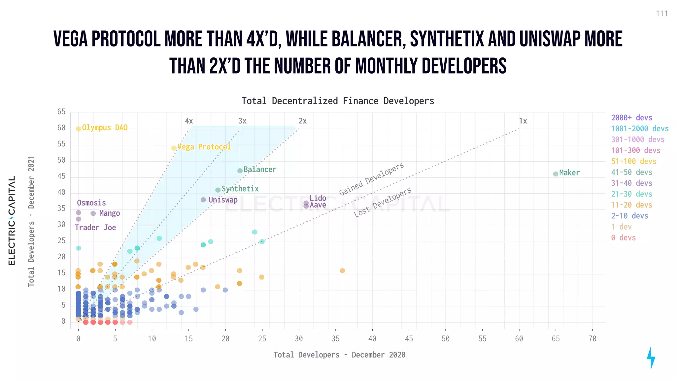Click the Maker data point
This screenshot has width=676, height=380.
pos(556,174)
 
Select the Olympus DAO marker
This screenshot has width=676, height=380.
pos(79,129)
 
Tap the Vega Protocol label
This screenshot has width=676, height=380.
pos(204,147)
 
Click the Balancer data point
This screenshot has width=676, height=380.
pos(240,171)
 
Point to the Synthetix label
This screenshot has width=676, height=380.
pos(240,189)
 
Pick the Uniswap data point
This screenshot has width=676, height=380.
pos(203,200)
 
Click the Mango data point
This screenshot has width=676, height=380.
pos(93,213)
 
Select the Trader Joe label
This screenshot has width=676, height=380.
pos(95,228)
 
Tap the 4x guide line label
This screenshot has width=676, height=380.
pos(189,121)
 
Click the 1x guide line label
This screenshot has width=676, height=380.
pos(523,121)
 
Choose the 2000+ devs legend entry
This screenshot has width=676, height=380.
pos(631,118)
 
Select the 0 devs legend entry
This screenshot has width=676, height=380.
pos(623,238)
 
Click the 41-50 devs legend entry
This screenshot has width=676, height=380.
pos(631,172)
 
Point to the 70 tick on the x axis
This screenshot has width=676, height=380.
pos(592,339)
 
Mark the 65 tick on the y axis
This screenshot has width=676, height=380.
pos(61,112)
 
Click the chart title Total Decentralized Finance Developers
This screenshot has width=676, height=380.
pos(338,101)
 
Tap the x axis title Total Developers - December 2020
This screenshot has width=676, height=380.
pos(339,355)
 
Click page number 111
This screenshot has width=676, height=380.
pos(661,14)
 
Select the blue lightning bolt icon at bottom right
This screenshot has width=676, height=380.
pos(651,358)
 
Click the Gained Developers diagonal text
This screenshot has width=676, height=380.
pos(371,179)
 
